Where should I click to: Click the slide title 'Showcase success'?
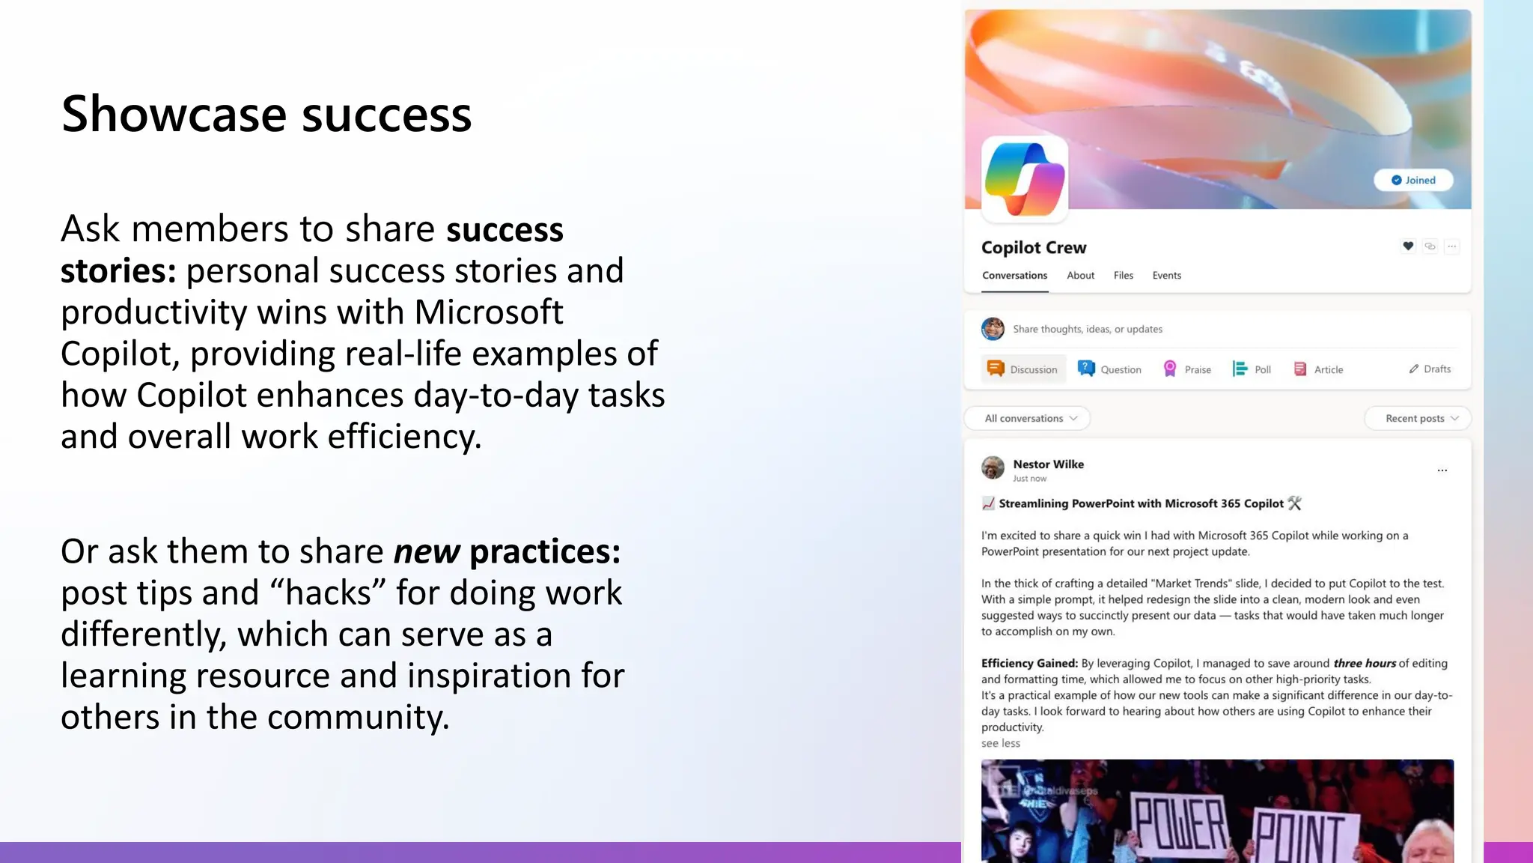pyautogui.click(x=266, y=114)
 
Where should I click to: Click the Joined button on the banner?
pyautogui.click(x=1412, y=180)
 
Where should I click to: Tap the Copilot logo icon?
pyautogui.click(x=1024, y=179)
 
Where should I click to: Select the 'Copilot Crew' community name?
pyautogui.click(x=1033, y=247)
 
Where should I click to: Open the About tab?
pyautogui.click(x=1080, y=276)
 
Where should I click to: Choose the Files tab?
pyautogui.click(x=1123, y=276)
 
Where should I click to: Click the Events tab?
pyautogui.click(x=1166, y=276)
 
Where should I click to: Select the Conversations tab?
pyautogui.click(x=1014, y=276)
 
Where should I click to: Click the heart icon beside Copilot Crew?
pyautogui.click(x=1408, y=246)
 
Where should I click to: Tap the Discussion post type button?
pyautogui.click(x=1022, y=369)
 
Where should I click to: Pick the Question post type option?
pyautogui.click(x=1109, y=369)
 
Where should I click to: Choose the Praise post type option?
pyautogui.click(x=1187, y=369)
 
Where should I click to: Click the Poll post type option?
pyautogui.click(x=1252, y=369)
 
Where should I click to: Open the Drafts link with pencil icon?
pyautogui.click(x=1430, y=369)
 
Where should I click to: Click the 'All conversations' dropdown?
pyautogui.click(x=1030, y=418)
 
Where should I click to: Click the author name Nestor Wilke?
pyautogui.click(x=1048, y=464)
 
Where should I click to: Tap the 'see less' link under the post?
pyautogui.click(x=1001, y=743)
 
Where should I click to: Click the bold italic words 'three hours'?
pyautogui.click(x=1365, y=663)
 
